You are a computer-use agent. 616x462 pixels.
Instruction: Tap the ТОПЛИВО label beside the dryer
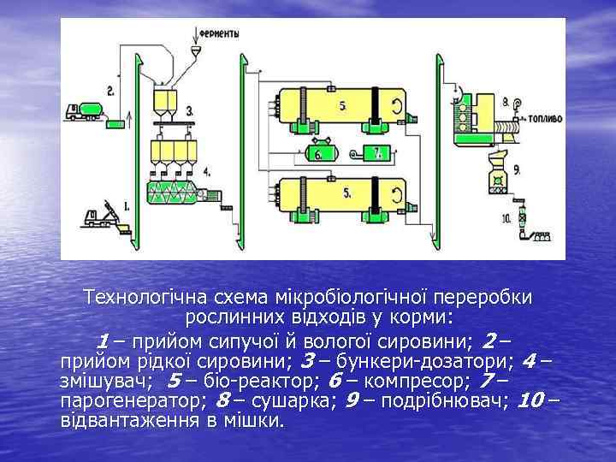click(543, 119)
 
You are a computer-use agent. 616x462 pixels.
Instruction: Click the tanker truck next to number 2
click(83, 110)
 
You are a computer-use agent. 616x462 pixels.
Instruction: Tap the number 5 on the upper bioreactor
click(342, 106)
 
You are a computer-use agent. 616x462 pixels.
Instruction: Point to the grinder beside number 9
click(495, 180)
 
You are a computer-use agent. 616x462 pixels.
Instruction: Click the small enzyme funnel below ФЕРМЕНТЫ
click(196, 53)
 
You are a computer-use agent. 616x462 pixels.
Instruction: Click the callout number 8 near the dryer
click(506, 101)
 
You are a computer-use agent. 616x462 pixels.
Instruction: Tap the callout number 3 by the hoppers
click(188, 110)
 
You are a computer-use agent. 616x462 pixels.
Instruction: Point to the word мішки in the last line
click(255, 420)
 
